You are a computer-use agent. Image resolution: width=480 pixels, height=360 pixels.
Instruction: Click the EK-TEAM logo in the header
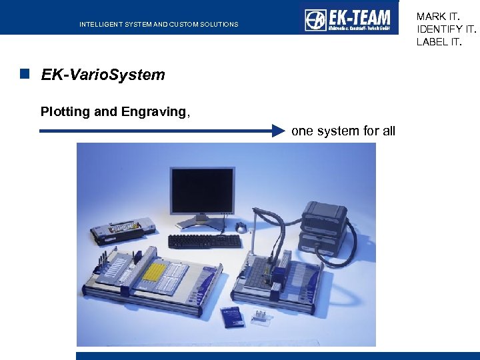[x=348, y=19]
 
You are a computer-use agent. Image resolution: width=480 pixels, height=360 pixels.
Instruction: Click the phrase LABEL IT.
[x=439, y=42]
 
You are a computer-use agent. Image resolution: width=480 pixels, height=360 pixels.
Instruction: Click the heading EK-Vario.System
[x=103, y=75]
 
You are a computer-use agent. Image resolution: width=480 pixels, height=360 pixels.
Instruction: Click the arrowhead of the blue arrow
[x=278, y=131]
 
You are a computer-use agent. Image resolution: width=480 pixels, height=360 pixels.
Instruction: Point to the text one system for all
[x=343, y=131]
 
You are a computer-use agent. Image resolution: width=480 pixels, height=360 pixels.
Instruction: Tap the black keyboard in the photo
[x=205, y=241]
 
